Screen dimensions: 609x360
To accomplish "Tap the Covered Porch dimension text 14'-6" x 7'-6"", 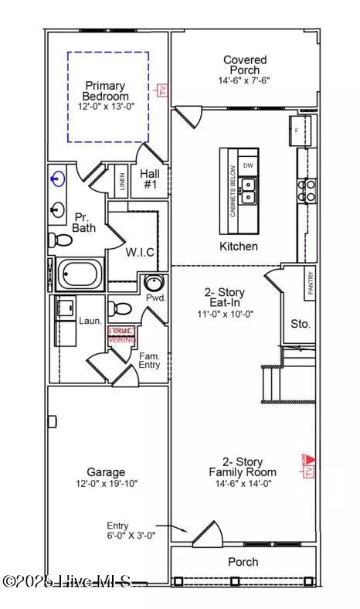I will (245, 80).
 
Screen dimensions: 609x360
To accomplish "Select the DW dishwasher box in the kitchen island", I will (247, 165).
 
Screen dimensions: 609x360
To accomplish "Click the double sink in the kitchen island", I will (248, 190).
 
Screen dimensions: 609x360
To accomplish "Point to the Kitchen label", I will (238, 247).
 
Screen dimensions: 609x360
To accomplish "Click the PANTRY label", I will (309, 277).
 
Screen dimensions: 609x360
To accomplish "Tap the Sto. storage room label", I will (300, 324).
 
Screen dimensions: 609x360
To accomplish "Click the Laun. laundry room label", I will (90, 320).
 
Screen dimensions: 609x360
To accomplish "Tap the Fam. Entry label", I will (149, 360).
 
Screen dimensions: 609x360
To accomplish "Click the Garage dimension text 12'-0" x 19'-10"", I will (107, 483).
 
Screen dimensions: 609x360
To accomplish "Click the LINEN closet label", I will (122, 182).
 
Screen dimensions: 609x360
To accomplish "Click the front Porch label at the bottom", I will (243, 562).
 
